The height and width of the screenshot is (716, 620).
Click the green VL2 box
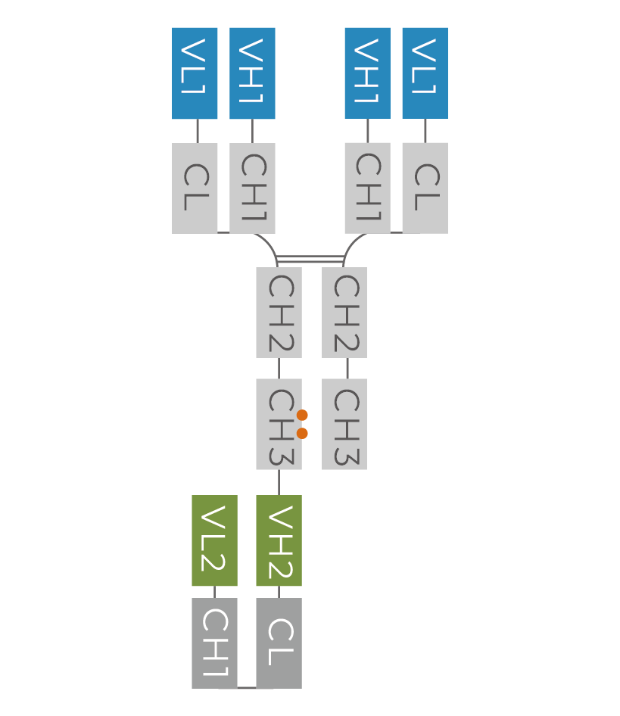pos(214,540)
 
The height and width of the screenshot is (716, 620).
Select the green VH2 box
pos(279,540)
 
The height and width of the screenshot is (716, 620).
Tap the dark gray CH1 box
pos(214,643)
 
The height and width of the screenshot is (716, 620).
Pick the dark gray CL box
pos(279,643)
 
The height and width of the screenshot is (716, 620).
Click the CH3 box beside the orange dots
pos(279,424)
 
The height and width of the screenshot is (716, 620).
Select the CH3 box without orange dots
pos(344,424)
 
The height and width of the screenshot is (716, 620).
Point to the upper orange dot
pos(303,415)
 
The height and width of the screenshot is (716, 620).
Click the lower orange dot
pos(303,433)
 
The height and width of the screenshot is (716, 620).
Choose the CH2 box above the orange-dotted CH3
pos(279,312)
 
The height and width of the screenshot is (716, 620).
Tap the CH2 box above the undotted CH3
pos(344,312)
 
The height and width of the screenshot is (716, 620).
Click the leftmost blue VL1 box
pos(195,73)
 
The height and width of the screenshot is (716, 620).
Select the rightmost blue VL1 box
pos(425,73)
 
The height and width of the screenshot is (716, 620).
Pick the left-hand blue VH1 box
pos(252,73)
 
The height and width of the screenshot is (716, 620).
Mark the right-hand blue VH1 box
pos(367,73)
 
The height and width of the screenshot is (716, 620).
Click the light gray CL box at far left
pos(195,188)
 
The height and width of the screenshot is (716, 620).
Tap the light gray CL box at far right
pos(425,188)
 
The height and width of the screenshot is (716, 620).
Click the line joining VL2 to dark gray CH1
pos(214,592)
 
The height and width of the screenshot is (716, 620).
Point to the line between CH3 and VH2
pos(279,482)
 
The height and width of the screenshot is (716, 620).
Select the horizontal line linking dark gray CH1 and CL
pos(246,688)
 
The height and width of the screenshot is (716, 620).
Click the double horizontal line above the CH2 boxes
pos(311,259)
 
